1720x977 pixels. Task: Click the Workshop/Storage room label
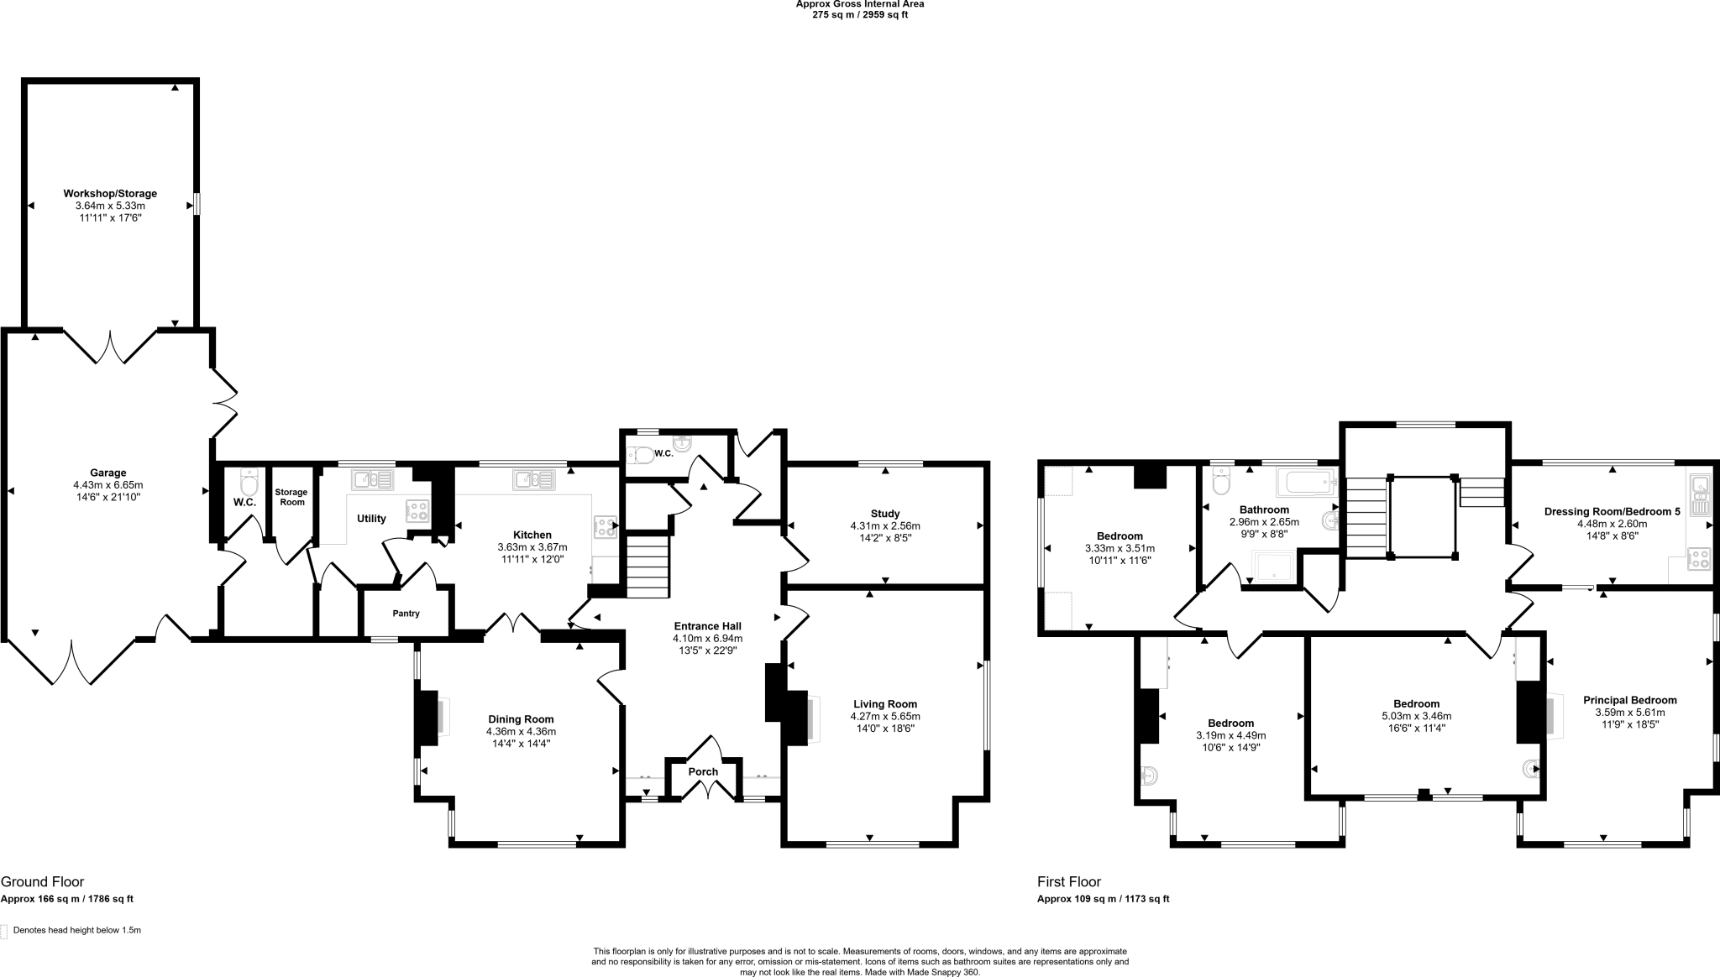(110, 194)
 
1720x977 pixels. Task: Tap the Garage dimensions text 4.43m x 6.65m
(108, 485)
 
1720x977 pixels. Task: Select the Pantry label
(406, 614)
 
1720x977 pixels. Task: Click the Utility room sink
(372, 479)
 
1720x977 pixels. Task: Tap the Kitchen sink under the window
(534, 479)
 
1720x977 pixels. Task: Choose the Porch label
(703, 772)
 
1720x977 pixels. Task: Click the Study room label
(885, 514)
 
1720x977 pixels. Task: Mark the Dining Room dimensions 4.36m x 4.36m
(521, 732)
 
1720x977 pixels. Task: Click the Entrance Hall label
(708, 626)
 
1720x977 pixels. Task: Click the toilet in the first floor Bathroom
(1221, 483)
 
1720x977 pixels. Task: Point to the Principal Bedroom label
(1629, 700)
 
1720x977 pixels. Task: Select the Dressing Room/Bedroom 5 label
(1612, 511)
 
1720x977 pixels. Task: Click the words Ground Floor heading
(42, 882)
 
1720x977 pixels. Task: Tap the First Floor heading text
(1068, 882)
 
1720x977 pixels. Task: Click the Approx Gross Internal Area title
(860, 4)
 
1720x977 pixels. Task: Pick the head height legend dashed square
(4, 931)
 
